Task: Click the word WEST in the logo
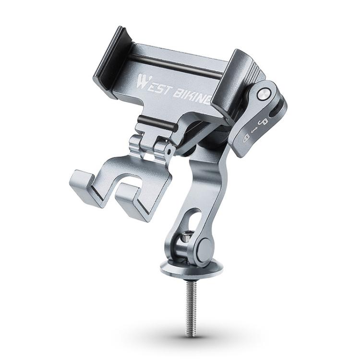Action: [x=153, y=84]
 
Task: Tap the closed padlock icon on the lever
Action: [x=246, y=138]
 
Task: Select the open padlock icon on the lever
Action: [x=264, y=122]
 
